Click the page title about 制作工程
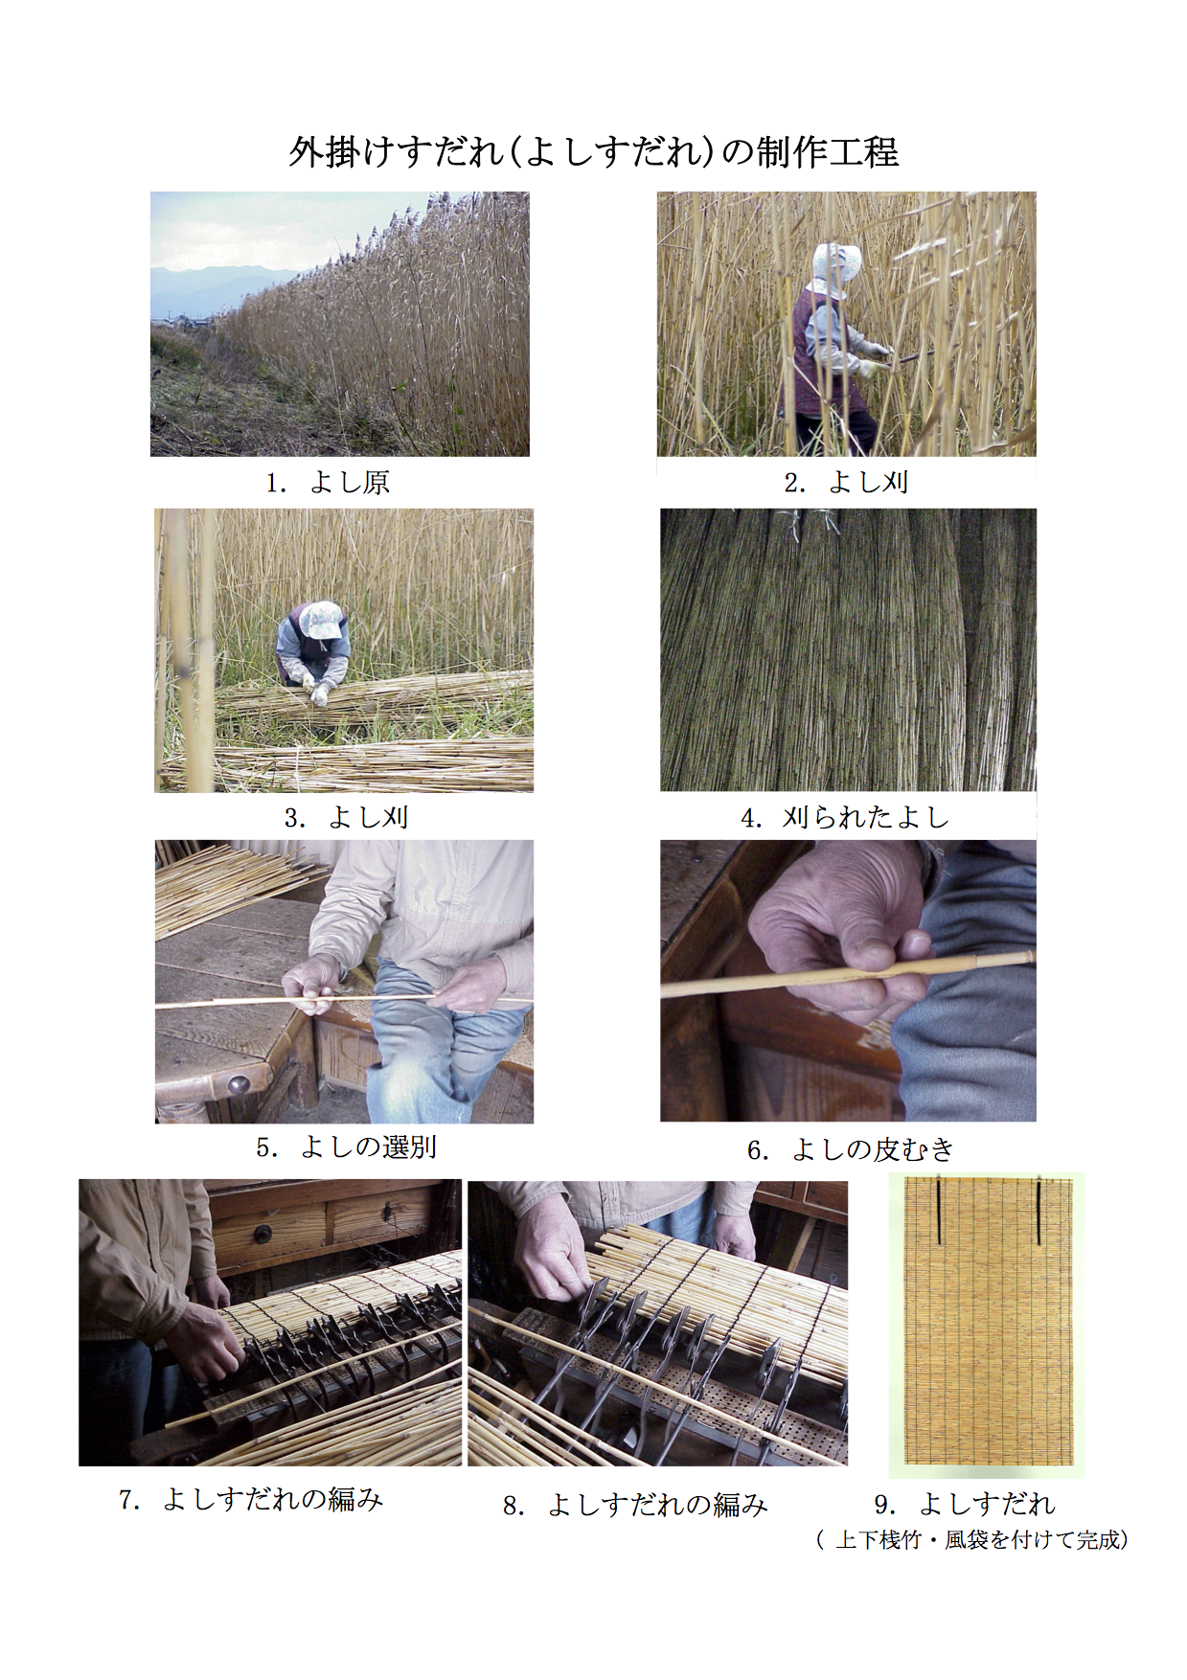coord(594,151)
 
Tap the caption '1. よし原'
coord(328,482)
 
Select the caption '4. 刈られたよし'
coord(845,817)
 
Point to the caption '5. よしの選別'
coord(346,1146)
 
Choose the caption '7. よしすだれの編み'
coord(251,1499)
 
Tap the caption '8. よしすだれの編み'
coord(635,1505)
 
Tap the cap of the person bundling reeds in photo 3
coord(321,620)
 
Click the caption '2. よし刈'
coord(847,482)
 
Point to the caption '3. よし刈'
coord(347,817)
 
